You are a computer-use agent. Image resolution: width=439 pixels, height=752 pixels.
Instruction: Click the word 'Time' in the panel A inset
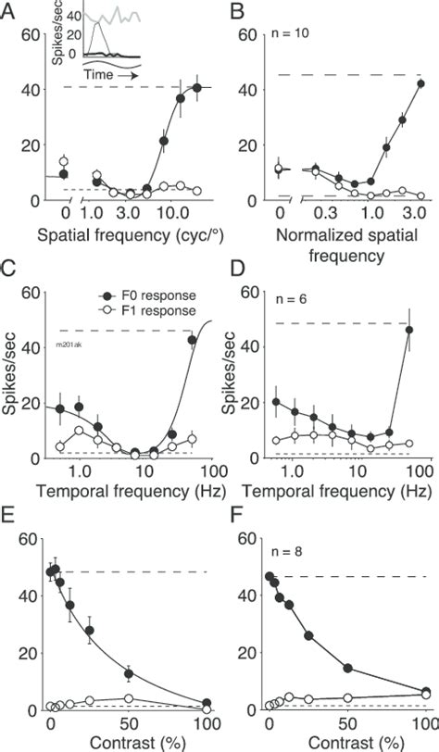[99, 69]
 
